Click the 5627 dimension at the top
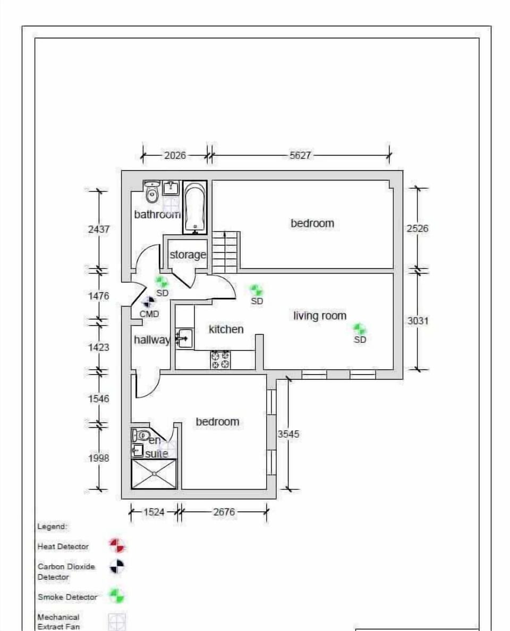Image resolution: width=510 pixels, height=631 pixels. click(300, 155)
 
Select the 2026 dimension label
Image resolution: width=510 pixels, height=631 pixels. click(175, 155)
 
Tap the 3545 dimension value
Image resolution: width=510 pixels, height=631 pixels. click(288, 434)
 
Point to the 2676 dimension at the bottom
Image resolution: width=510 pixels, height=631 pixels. click(224, 512)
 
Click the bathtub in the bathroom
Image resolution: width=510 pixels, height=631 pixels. click(195, 207)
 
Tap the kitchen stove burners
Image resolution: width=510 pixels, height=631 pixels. click(220, 360)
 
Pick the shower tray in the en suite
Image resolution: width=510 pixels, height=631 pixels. click(154, 474)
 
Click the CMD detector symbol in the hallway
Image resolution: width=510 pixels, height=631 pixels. click(149, 302)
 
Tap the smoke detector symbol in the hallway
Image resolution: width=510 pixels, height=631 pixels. click(162, 281)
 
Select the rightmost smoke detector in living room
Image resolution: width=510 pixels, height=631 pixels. click(360, 329)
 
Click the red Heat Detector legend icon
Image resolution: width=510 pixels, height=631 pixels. click(117, 546)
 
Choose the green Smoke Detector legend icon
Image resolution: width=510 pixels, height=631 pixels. click(117, 596)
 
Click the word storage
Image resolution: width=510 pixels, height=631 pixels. click(188, 255)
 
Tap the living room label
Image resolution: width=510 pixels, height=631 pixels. click(320, 316)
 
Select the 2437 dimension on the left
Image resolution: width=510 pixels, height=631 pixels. click(99, 229)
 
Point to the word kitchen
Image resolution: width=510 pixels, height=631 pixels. click(226, 329)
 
